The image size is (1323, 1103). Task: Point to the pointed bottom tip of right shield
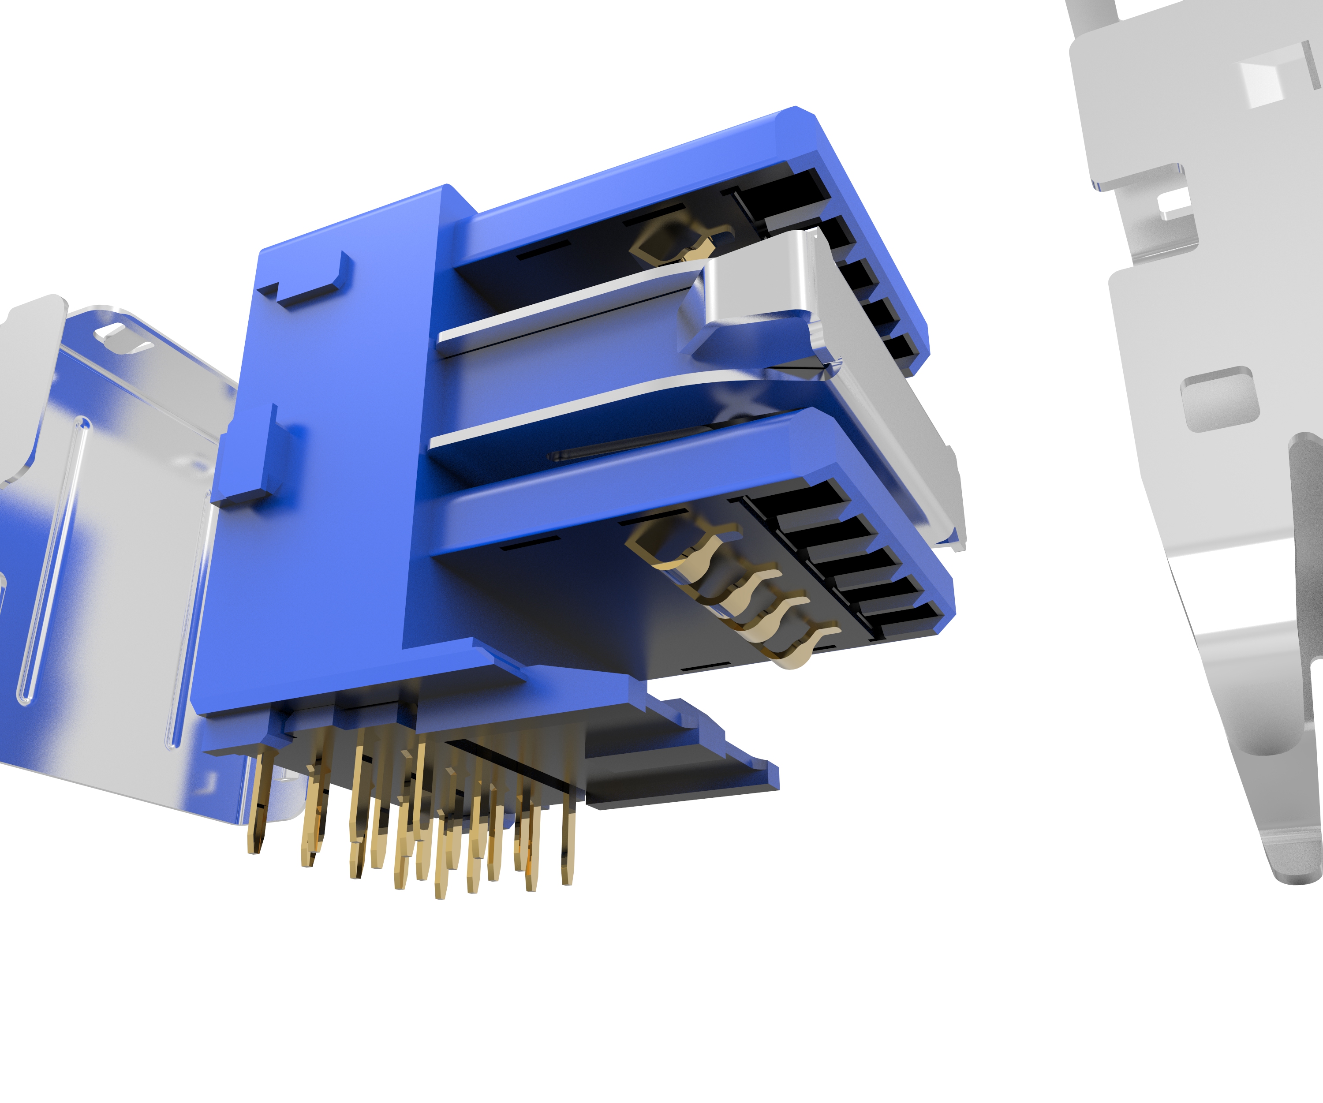tap(1298, 875)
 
